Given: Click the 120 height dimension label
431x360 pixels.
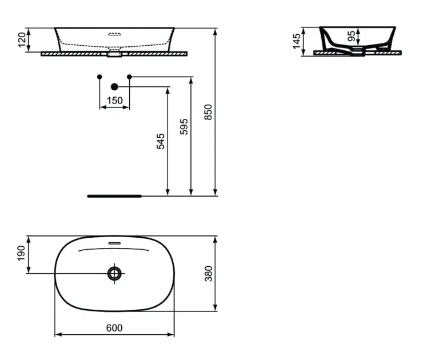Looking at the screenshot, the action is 22,40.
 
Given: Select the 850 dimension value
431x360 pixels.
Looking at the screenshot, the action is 208,112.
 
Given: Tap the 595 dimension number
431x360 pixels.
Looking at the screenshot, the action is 184,127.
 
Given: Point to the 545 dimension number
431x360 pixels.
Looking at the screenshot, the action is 161,141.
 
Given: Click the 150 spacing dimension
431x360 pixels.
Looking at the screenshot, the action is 115,101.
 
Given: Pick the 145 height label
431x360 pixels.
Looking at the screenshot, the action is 297,42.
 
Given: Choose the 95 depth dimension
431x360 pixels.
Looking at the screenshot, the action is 352,36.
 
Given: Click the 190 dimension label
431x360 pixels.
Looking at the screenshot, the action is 21,253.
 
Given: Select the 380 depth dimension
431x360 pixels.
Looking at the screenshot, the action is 209,274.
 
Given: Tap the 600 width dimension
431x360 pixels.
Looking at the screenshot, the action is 114,328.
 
